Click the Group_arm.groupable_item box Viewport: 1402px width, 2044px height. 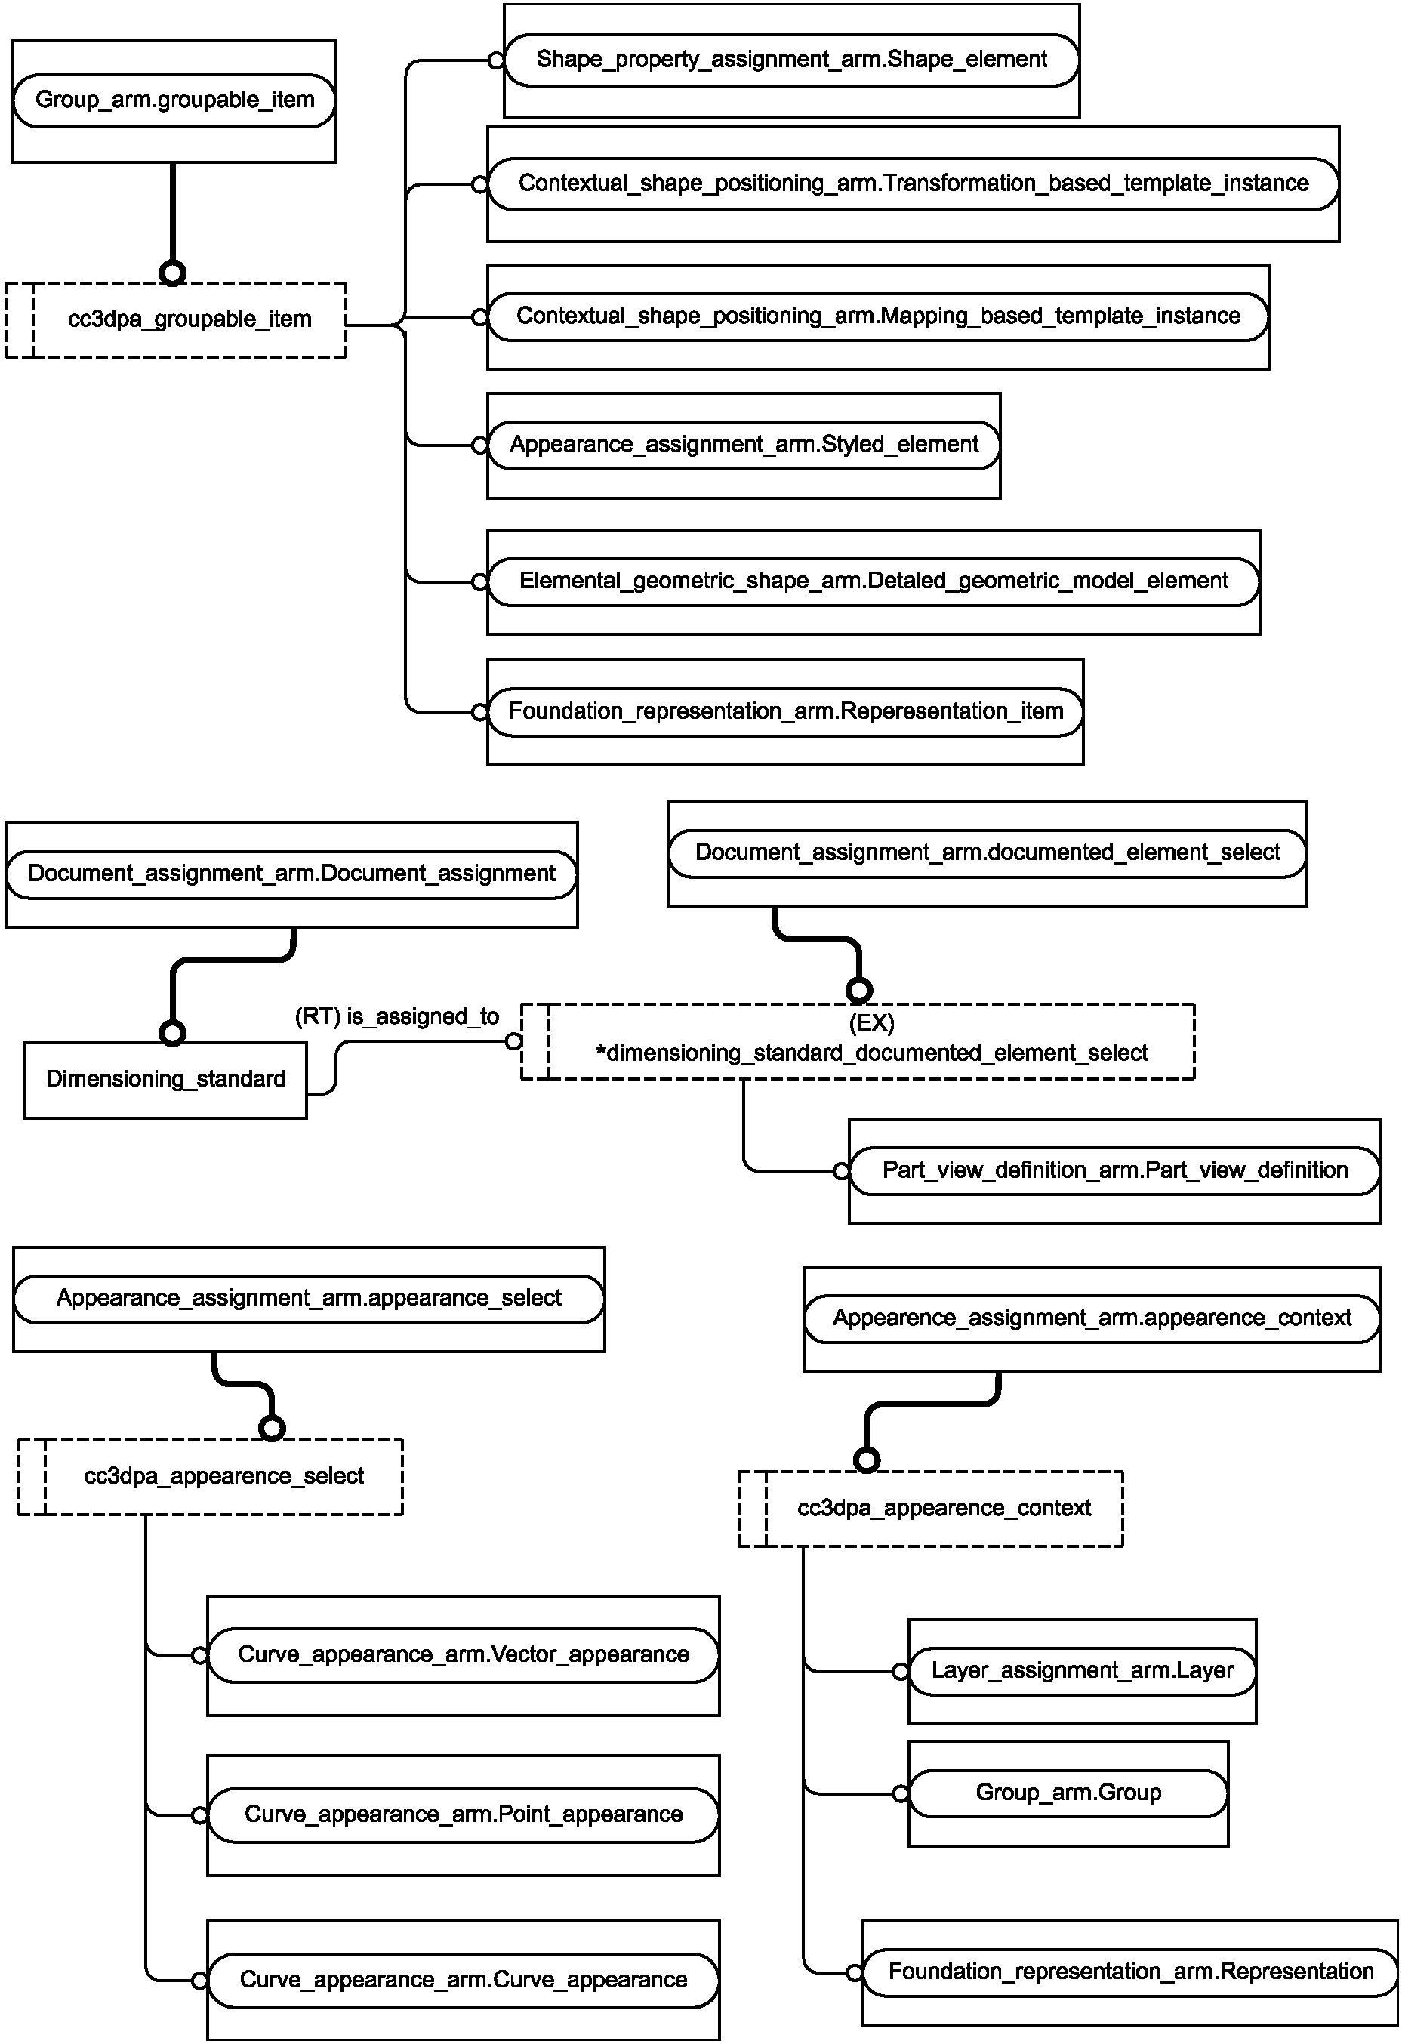tap(174, 100)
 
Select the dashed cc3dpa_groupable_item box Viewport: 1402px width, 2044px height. tap(176, 320)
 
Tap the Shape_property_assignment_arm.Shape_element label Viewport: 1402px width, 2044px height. tap(791, 60)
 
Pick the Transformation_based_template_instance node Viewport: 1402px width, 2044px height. tap(913, 183)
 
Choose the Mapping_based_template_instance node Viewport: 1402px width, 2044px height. tap(878, 316)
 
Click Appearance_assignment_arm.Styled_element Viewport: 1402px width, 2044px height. tap(744, 445)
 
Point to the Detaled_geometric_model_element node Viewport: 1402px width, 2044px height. tap(874, 581)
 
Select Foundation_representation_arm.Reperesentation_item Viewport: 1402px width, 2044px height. tap(785, 711)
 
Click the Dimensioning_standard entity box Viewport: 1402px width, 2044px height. tap(165, 1080)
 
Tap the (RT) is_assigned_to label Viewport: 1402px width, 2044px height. tap(396, 1017)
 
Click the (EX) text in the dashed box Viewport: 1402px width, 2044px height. tap(872, 1023)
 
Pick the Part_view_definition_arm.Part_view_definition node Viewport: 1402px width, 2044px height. tap(1115, 1170)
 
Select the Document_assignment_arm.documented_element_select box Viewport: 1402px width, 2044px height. tap(987, 853)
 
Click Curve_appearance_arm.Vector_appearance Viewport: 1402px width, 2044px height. tap(464, 1655)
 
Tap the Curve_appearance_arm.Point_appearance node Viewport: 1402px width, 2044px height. tap(464, 1814)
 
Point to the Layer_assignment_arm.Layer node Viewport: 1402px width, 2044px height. tap(1082, 1671)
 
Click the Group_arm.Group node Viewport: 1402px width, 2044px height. tap(1068, 1793)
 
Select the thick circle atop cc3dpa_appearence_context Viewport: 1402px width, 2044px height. tap(867, 1460)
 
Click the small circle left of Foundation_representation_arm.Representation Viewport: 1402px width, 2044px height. tap(854, 1973)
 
